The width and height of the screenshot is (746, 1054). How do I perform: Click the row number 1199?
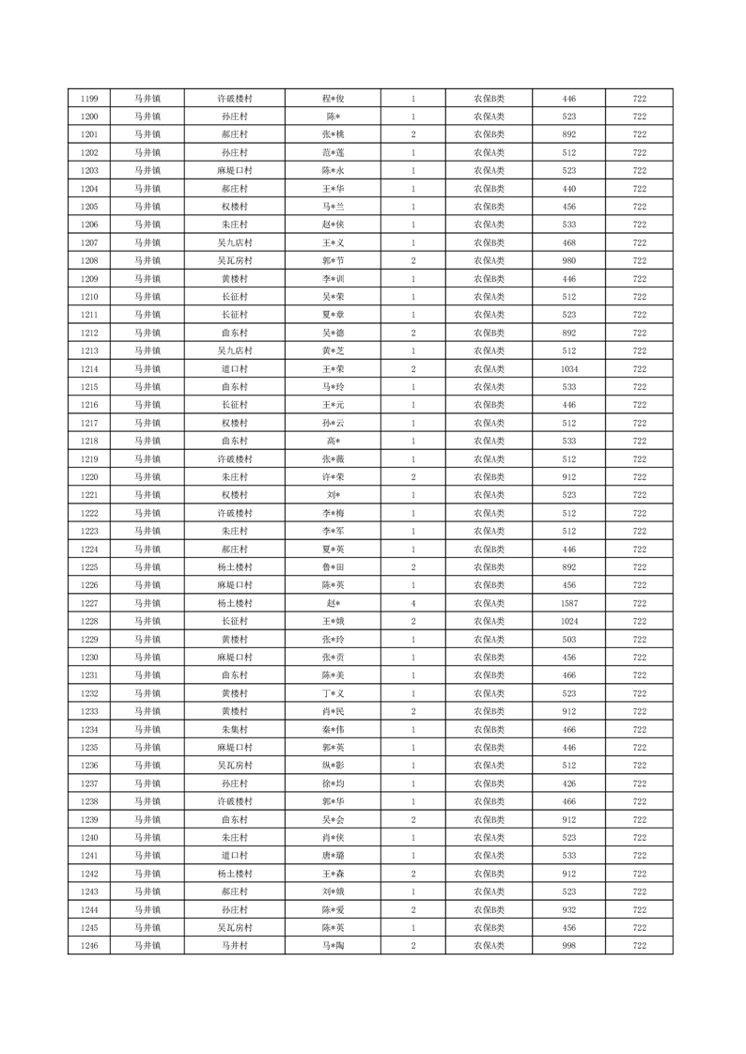(x=90, y=99)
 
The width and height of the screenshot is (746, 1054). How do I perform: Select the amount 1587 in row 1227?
(x=568, y=603)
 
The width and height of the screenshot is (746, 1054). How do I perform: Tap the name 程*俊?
(x=334, y=99)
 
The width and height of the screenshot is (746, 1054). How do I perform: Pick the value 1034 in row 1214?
(x=568, y=369)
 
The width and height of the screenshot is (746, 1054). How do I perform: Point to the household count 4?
(x=413, y=603)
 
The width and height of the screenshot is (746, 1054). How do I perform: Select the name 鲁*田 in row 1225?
(x=334, y=567)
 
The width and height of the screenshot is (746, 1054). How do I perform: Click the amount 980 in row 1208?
(x=568, y=261)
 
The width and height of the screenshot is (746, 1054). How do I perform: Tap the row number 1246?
(x=90, y=946)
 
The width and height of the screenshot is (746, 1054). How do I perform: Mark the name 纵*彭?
(x=334, y=766)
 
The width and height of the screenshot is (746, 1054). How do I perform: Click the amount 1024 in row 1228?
(x=568, y=622)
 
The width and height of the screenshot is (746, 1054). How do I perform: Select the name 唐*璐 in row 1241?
(x=334, y=856)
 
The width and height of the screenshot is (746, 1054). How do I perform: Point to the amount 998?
(x=568, y=946)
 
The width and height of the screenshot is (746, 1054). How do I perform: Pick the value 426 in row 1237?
(x=568, y=783)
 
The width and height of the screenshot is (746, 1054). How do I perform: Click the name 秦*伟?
(x=334, y=730)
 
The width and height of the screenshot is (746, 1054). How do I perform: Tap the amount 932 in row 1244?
(x=568, y=910)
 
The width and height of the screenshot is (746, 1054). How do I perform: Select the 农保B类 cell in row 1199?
(x=489, y=99)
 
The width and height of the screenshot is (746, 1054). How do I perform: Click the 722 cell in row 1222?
(x=639, y=514)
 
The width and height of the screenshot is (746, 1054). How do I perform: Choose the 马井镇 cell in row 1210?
(x=147, y=297)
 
